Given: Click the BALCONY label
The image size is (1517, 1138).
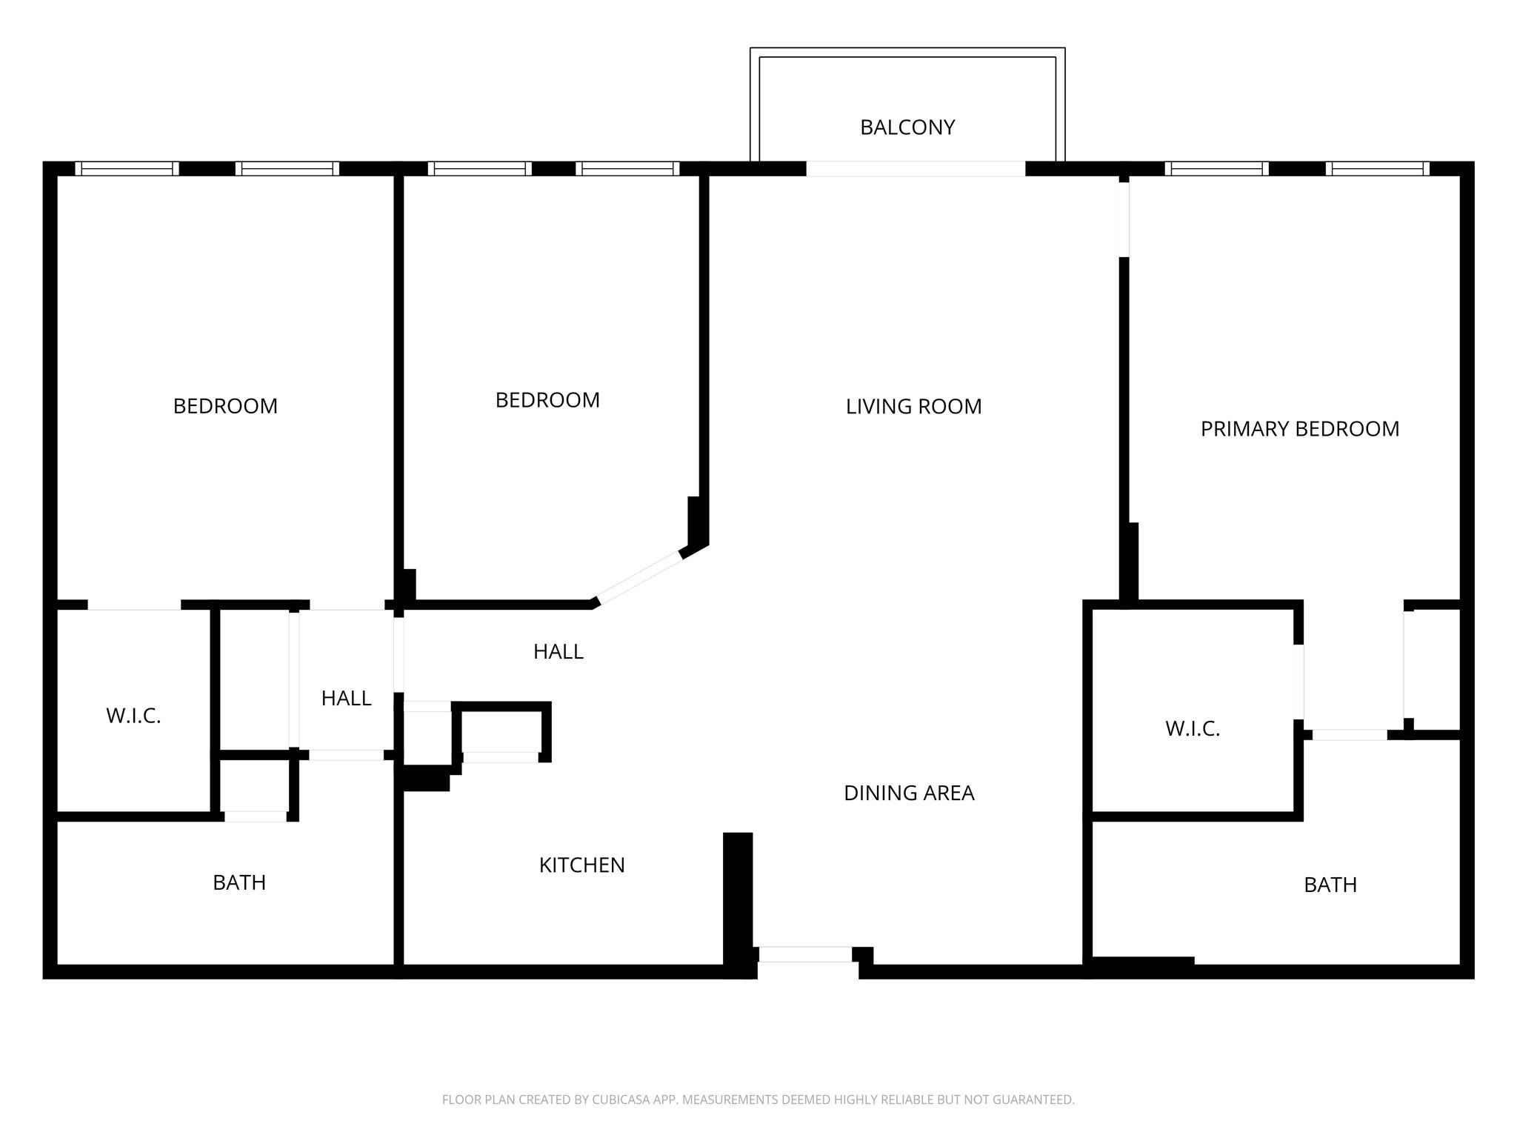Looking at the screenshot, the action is (907, 127).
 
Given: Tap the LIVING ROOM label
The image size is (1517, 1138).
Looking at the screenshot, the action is (913, 406).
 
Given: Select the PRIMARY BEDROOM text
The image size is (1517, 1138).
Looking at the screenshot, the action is (1300, 429).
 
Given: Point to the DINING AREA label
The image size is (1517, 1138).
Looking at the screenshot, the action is (909, 793).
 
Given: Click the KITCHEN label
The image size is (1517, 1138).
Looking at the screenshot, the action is (581, 865).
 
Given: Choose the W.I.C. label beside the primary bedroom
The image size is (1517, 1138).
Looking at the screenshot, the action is (1193, 729).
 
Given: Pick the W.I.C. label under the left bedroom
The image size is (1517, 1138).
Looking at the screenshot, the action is (133, 716).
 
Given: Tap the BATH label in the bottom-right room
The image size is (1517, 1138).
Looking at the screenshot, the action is (1330, 885).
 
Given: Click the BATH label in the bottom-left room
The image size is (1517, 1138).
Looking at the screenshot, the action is (239, 882).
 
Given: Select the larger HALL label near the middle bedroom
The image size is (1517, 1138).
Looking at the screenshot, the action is (559, 651).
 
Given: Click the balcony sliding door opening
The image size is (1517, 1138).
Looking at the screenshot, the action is (916, 169).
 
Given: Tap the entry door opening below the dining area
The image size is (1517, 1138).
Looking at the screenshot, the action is (805, 954).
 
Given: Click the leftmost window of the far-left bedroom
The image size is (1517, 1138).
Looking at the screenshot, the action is (127, 169).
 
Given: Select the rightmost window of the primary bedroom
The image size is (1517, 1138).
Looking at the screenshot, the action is (1378, 169).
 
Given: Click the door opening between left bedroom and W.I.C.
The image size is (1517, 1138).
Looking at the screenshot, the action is (134, 605).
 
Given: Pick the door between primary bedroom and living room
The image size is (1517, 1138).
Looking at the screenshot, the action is (1124, 219).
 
